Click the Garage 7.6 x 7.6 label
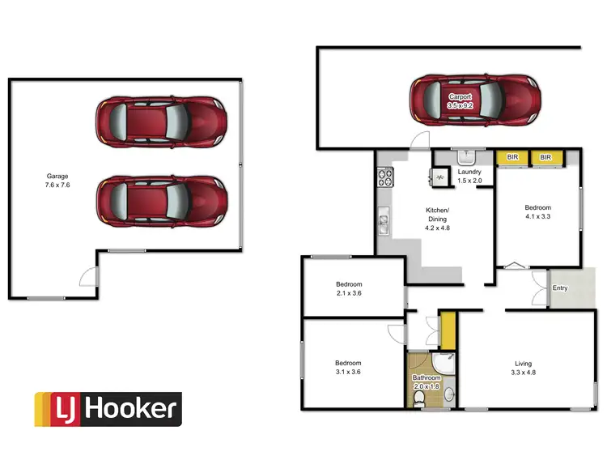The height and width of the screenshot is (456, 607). pos(56,180)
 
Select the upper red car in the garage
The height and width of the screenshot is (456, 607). pos(159,121)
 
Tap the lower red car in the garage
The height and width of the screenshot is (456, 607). pos(159,202)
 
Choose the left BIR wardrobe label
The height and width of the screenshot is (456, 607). pos(511,157)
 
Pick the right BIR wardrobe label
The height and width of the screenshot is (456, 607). pos(545,157)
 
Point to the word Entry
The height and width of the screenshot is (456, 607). pos(559,288)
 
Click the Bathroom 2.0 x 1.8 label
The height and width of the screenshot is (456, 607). pos(427,382)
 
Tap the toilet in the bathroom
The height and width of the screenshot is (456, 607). pos(418,398)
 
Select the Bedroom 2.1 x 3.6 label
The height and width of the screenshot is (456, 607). pos(349,289)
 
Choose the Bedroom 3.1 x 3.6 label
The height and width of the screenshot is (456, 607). pos(349,368)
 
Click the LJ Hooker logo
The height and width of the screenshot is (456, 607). pos(107,409)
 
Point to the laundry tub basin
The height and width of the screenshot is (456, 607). pos(467,157)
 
